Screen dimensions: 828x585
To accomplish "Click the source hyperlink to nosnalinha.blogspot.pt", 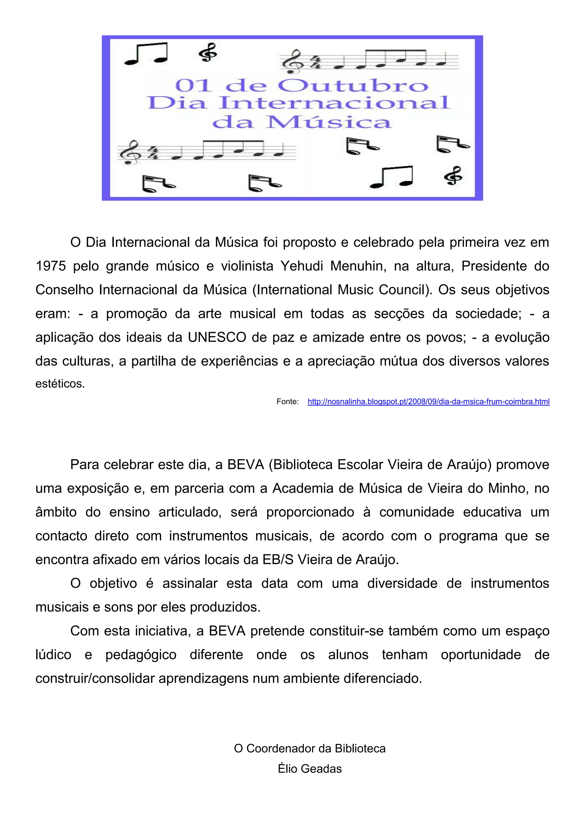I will point(428,402).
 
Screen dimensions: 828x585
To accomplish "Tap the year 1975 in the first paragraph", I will point(51,266).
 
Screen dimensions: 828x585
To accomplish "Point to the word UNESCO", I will point(217,337).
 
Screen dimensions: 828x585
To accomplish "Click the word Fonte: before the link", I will point(287,402).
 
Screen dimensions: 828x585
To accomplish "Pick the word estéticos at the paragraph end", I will point(60,384).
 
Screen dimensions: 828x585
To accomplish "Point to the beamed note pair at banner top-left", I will point(146,53).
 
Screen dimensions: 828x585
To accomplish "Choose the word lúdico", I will point(53,654).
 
